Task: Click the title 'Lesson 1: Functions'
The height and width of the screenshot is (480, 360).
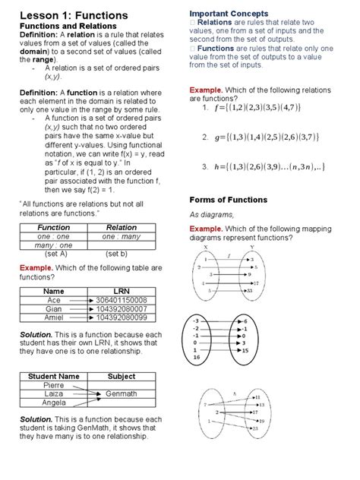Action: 73,15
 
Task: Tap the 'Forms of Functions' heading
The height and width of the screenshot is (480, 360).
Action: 228,200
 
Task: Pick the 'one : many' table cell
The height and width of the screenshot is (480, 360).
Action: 122,236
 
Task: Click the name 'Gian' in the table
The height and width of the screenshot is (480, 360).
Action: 53,310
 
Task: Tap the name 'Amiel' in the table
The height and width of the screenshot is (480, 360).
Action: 53,319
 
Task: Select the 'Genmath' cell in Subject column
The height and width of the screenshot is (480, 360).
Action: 122,394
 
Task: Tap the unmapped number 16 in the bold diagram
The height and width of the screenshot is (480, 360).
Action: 196,356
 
